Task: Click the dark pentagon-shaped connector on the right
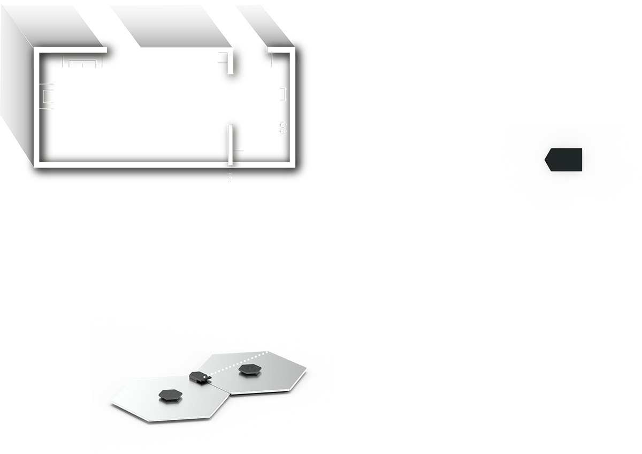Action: pos(564,160)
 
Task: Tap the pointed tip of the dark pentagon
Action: pos(545,159)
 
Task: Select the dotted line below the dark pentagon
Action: pos(565,198)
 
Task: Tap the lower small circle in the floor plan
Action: pos(283,131)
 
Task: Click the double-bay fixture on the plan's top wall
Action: pos(83,62)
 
